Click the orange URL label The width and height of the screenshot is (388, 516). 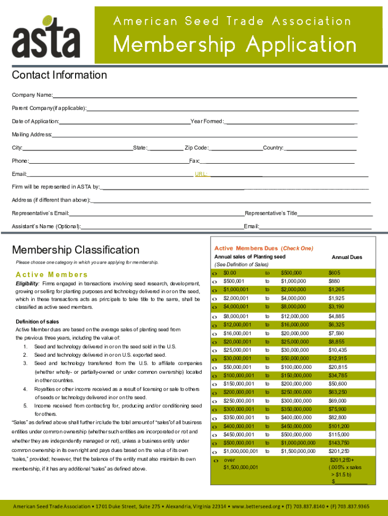[x=201, y=174]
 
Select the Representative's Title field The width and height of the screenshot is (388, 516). [x=335, y=213]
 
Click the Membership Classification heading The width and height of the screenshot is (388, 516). [x=76, y=250]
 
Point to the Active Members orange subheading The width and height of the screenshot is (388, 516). [x=52, y=275]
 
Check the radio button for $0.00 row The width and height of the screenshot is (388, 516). [x=215, y=273]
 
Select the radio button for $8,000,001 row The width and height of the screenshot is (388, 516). [x=215, y=316]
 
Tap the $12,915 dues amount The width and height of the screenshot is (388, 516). [x=338, y=358]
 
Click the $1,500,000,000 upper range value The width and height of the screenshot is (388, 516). [x=299, y=451]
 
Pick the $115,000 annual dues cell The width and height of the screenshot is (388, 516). [x=339, y=434]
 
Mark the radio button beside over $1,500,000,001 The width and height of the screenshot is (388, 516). [x=215, y=461]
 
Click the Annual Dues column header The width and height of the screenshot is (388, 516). [x=347, y=257]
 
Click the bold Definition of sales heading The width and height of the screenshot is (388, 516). [x=37, y=321]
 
